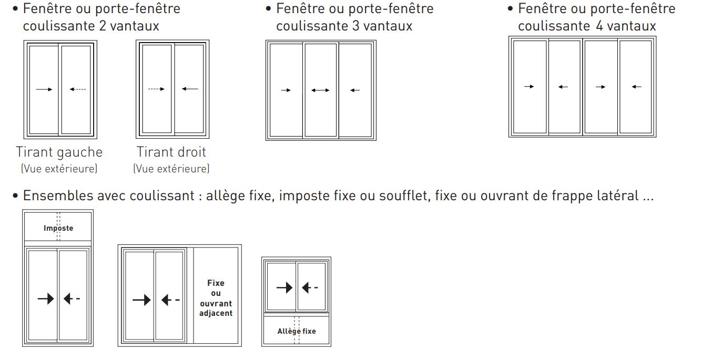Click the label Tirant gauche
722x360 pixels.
coord(59,152)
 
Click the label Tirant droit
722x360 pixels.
coord(171,152)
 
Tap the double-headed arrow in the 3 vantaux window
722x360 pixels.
coord(320,90)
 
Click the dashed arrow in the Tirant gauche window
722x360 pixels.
coord(77,89)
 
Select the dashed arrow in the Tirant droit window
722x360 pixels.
coord(157,89)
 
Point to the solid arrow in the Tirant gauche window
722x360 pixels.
coord(44,89)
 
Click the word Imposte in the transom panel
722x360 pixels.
coord(58,228)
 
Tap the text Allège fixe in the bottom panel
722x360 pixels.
coord(297,331)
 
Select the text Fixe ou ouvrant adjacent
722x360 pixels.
coord(216,298)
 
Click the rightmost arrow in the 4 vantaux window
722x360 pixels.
coord(636,87)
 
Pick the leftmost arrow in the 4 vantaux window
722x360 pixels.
coord(529,87)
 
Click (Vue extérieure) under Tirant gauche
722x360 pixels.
coord(59,169)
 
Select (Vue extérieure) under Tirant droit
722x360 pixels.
coord(171,169)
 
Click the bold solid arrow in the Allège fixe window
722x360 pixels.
coord(284,287)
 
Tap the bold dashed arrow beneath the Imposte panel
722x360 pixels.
coord(72,299)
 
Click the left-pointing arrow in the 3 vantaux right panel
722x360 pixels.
coord(355,90)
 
